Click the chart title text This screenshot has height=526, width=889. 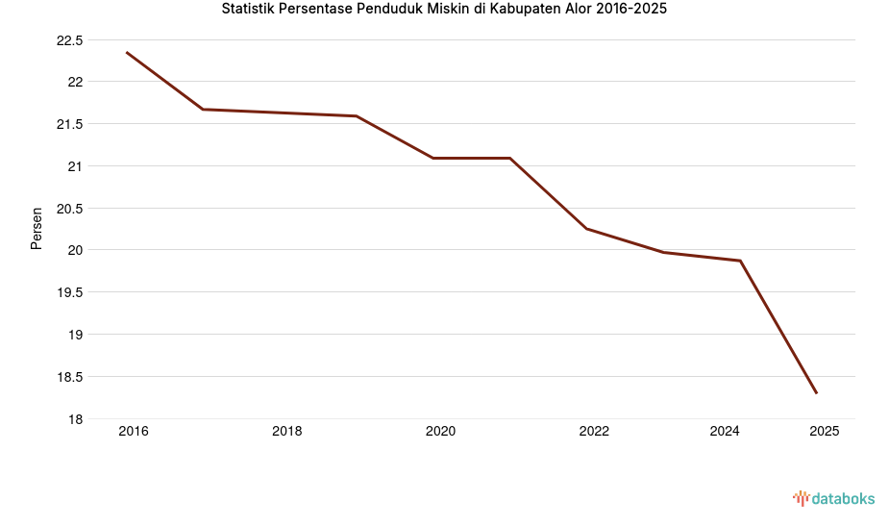[x=444, y=10]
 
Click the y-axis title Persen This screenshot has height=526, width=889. [x=37, y=228]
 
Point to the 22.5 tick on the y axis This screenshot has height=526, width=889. [x=70, y=40]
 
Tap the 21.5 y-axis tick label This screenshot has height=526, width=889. [x=70, y=124]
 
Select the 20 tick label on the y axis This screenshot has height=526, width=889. [x=75, y=250]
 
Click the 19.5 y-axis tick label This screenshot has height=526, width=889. [x=70, y=292]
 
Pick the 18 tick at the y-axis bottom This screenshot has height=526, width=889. [x=75, y=419]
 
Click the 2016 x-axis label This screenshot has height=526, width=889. [x=134, y=432]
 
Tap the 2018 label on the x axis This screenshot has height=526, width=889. [x=287, y=432]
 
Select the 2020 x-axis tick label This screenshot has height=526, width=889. [x=440, y=432]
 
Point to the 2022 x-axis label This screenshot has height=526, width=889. [x=594, y=432]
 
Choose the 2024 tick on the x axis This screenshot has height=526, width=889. [x=725, y=432]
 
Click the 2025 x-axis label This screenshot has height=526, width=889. [x=824, y=432]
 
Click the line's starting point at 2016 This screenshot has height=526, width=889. [x=127, y=52]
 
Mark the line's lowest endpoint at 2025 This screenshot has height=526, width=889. [x=817, y=393]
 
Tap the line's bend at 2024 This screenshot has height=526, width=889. [x=740, y=261]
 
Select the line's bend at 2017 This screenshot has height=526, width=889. [x=203, y=109]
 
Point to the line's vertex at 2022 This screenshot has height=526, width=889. [x=586, y=229]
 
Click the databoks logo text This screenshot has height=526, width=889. [x=843, y=498]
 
